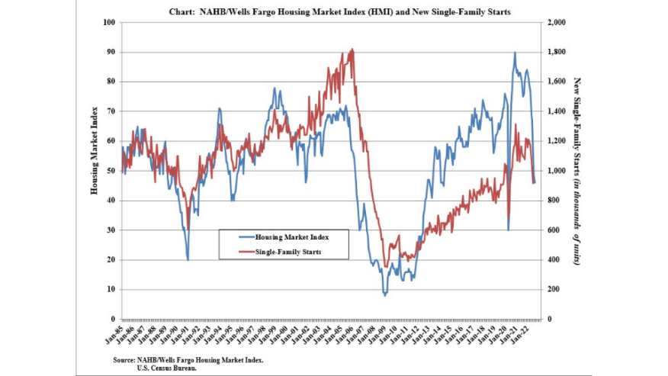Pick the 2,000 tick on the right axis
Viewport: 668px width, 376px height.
557,23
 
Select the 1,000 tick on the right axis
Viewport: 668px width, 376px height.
557,171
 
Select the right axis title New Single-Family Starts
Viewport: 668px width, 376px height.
578,171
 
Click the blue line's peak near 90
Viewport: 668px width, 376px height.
515,53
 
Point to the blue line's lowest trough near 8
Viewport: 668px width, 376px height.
385,294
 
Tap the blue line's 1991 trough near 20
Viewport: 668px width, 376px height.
188,259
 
